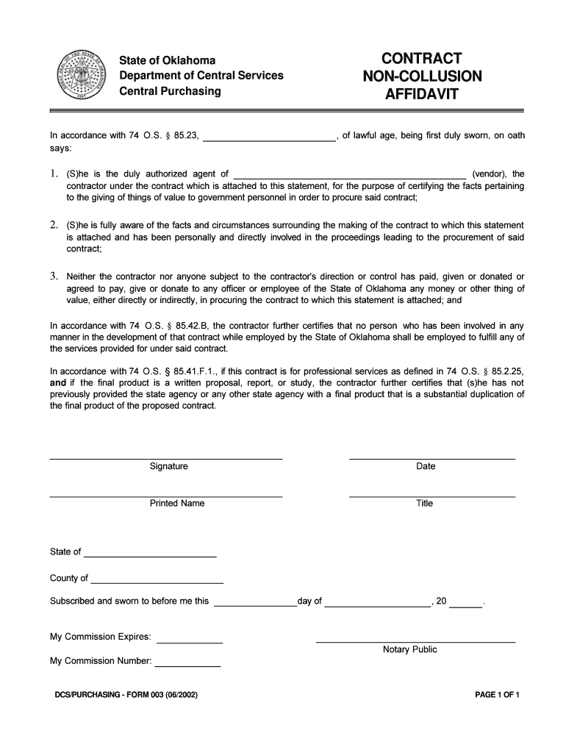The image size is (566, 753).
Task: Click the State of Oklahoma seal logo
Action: click(80, 77)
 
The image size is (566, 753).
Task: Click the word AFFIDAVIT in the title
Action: click(422, 94)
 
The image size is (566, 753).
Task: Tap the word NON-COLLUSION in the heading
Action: click(422, 76)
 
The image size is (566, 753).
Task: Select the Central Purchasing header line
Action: click(170, 91)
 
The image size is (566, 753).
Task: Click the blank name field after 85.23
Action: click(269, 137)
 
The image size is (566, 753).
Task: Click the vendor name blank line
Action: click(349, 175)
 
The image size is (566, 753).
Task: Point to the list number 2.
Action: click(54, 224)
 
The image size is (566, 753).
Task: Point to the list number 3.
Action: click(54, 276)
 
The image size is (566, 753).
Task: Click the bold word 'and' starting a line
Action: click(58, 383)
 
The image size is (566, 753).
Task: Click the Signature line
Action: click(166, 458)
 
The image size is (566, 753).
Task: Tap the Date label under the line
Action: click(426, 466)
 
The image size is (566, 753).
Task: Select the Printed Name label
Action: click(177, 504)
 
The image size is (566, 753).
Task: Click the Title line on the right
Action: click(432, 496)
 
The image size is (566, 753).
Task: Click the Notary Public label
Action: click(409, 650)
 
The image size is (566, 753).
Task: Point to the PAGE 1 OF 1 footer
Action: click(498, 695)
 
